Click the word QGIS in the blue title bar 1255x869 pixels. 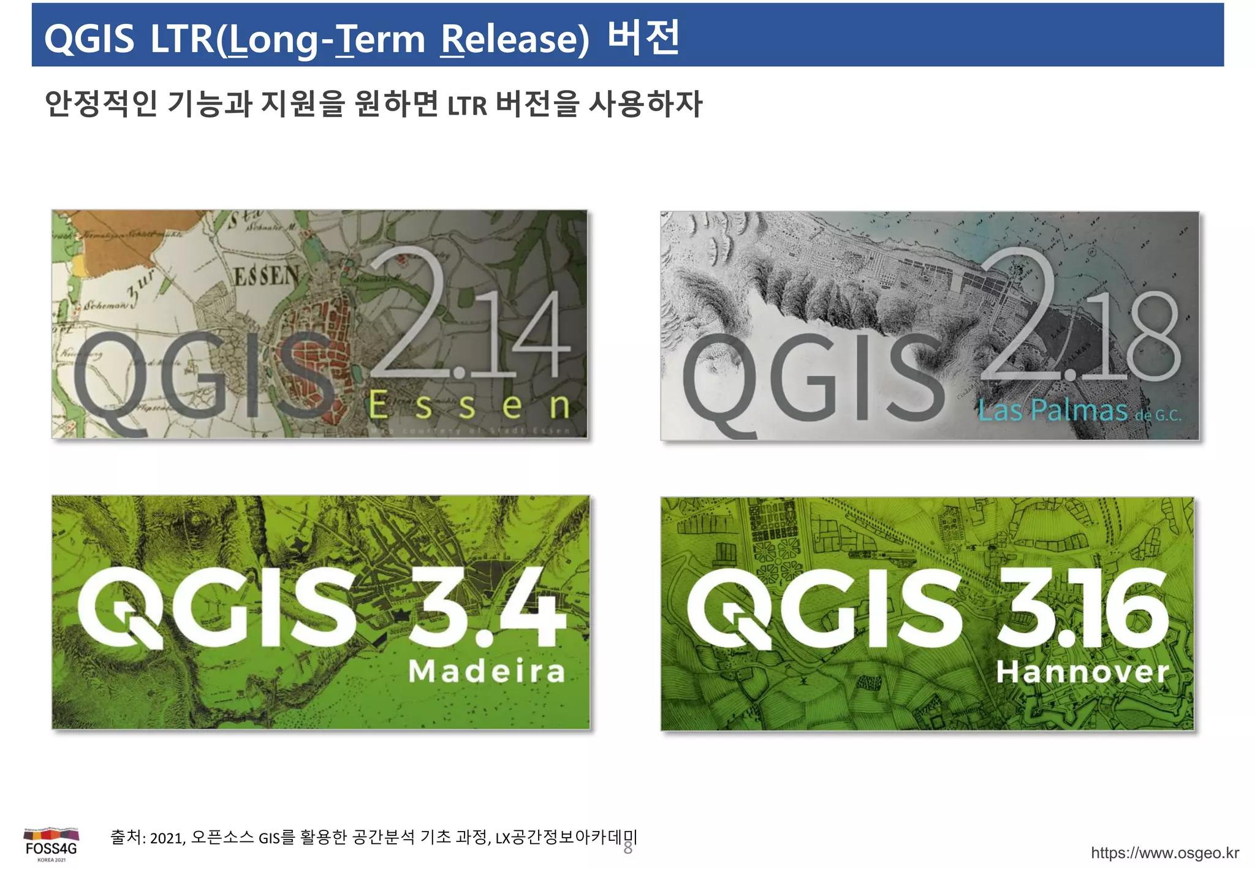[89, 39]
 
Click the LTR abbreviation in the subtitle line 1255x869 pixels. [467, 105]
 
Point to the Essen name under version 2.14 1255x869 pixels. [469, 406]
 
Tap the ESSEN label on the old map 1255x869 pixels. [267, 276]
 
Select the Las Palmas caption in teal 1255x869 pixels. [1053, 410]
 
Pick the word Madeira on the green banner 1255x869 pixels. [487, 671]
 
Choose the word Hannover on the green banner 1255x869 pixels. [1082, 672]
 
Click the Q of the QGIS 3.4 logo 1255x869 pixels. [119, 607]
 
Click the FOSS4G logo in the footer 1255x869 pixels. [51, 845]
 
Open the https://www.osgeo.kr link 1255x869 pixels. [1164, 853]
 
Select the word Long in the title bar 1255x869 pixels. [272, 39]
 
